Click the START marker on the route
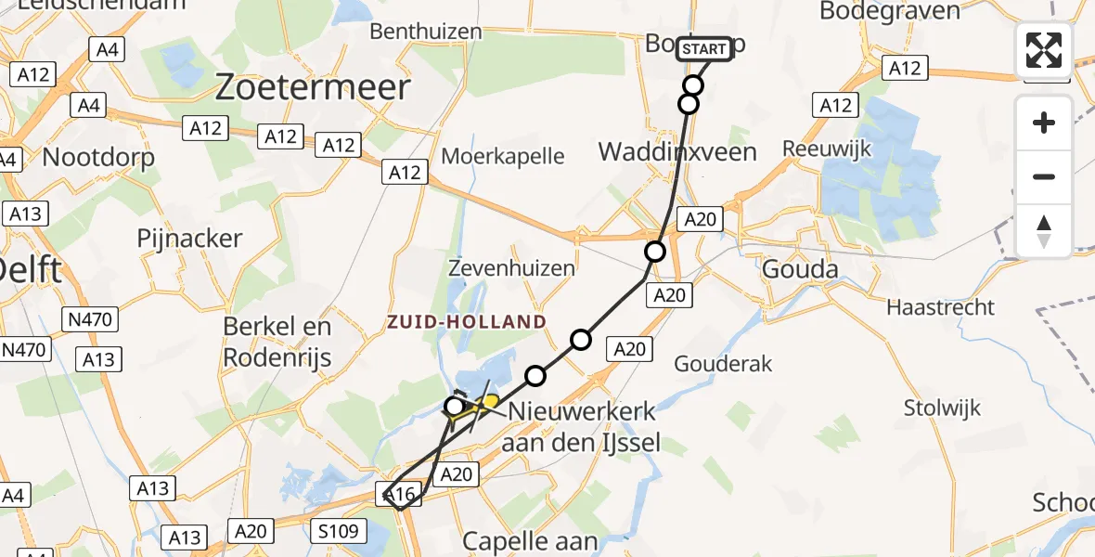(704, 49)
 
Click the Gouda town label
(799, 271)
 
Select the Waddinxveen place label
(677, 151)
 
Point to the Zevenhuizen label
(510, 268)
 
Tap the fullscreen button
(1044, 50)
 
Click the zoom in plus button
(1044, 123)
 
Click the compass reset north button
(1044, 230)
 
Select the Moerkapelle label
(502, 155)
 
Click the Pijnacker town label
(189, 238)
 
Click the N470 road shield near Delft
(89, 321)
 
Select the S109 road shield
(339, 532)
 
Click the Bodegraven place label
(890, 11)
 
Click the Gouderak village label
(723, 363)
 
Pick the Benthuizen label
(426, 31)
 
